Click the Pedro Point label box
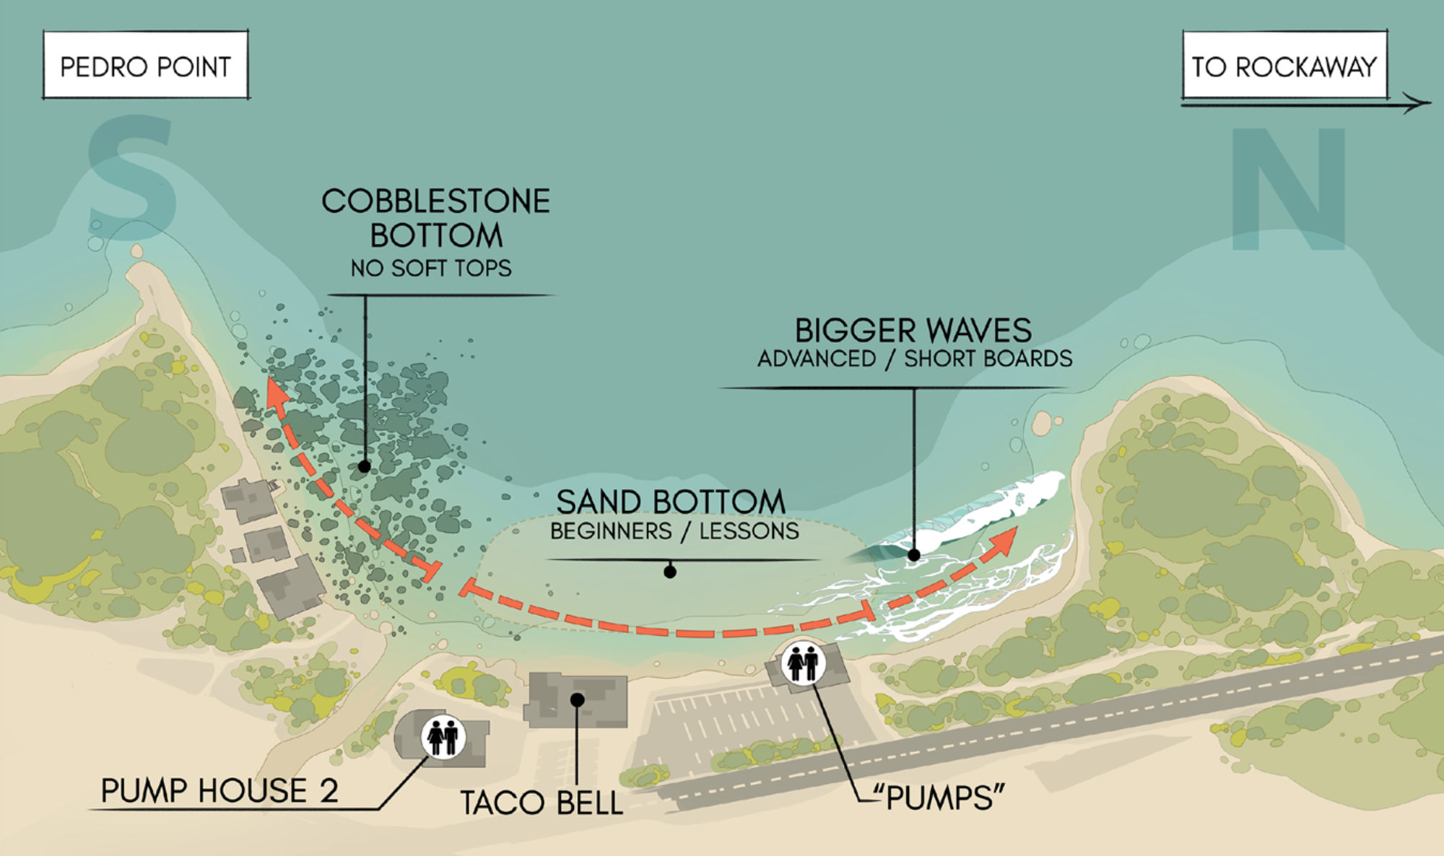[x=146, y=65]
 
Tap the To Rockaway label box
[x=1285, y=65]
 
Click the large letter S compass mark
[x=131, y=178]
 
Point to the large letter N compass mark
[x=1289, y=189]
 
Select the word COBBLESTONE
[x=436, y=201]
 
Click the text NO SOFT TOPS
[x=431, y=268]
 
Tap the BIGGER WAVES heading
[x=913, y=331]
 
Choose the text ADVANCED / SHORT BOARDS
[x=915, y=359]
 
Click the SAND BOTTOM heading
[x=671, y=502]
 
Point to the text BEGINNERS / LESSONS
[x=674, y=531]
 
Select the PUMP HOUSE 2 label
[x=219, y=791]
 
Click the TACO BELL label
[x=541, y=803]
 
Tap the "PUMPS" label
[x=939, y=798]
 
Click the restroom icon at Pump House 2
[x=443, y=737]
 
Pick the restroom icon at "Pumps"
[x=803, y=663]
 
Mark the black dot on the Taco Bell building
[x=577, y=699]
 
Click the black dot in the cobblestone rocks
[x=365, y=467]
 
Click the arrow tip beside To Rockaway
[x=1430, y=103]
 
